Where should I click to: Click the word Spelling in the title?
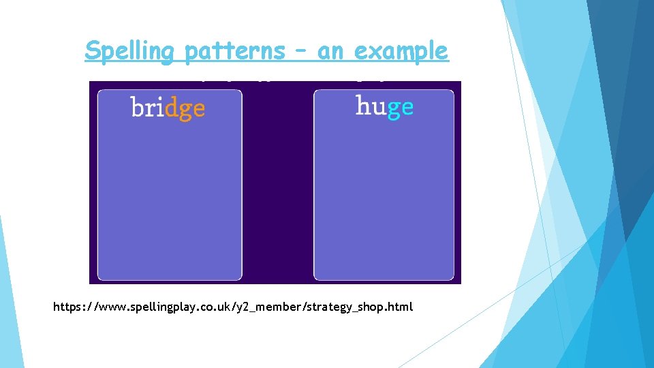click(x=129, y=51)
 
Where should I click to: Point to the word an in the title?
click(x=330, y=52)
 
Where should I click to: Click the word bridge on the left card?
click(x=168, y=108)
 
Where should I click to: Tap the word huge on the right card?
click(x=384, y=107)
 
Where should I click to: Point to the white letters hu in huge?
click(x=370, y=106)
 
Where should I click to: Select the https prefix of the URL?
click(x=69, y=307)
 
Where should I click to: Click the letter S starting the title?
click(x=93, y=50)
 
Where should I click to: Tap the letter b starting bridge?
click(x=136, y=107)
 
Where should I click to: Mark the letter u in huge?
click(x=378, y=107)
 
